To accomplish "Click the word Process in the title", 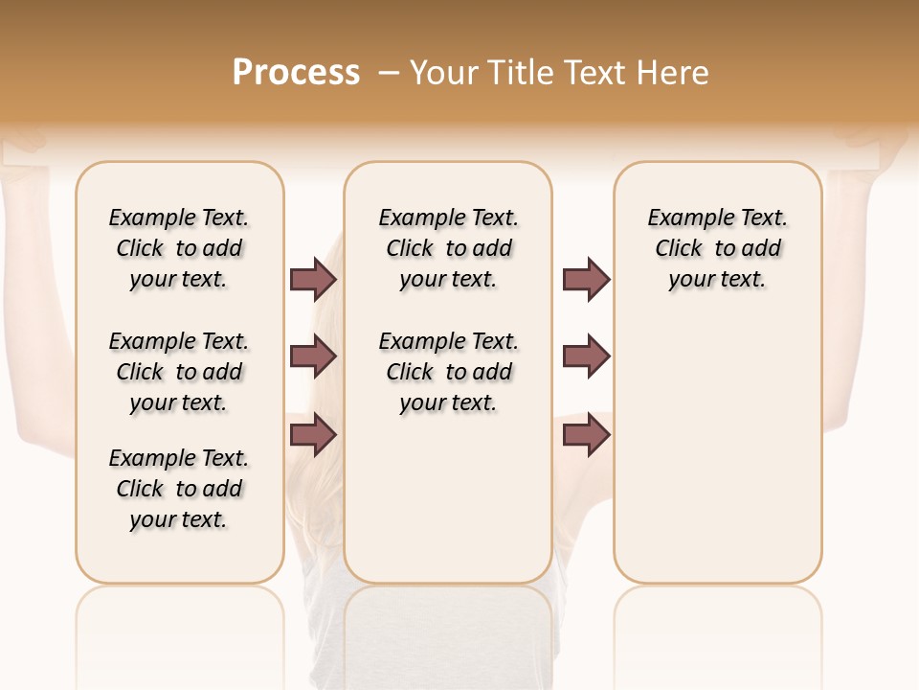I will click(x=296, y=73).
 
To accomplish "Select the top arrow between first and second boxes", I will click(x=313, y=280).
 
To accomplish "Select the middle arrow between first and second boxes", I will click(x=313, y=357).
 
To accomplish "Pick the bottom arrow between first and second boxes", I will click(x=313, y=435).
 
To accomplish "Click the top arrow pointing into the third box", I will click(x=586, y=280).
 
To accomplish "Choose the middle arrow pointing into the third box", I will click(x=586, y=357).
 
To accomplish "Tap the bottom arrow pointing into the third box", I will click(x=586, y=435).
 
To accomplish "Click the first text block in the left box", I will click(x=179, y=248).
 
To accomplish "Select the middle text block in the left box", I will click(x=179, y=372).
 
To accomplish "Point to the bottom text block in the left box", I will click(x=179, y=489).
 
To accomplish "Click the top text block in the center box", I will click(x=449, y=248).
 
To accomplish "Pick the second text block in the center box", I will click(x=449, y=372).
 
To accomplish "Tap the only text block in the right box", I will click(x=718, y=248).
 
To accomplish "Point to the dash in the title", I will click(x=388, y=73).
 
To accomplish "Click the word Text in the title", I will click(x=596, y=73).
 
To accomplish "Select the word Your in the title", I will click(x=444, y=73).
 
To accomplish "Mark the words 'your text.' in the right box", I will click(x=717, y=280).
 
